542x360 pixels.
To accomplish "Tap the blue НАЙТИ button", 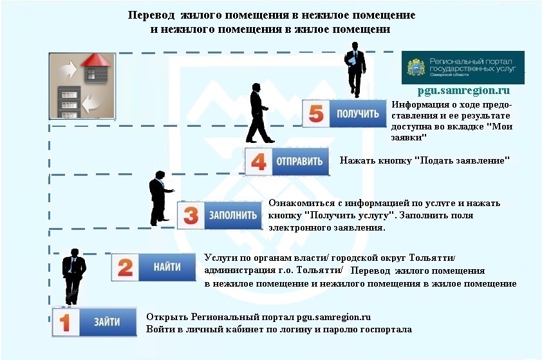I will pos(167,266).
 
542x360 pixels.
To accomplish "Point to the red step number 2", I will pos(126,267).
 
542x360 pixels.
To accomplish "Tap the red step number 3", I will pos(191,216).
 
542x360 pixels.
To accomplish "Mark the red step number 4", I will pos(257,161).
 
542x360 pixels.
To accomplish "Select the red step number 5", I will pos(315,115).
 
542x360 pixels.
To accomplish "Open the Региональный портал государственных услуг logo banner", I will pos(463,67).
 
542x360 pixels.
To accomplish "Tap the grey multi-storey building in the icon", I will pos(68,101).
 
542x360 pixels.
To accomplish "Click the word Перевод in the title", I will pos(151,15).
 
